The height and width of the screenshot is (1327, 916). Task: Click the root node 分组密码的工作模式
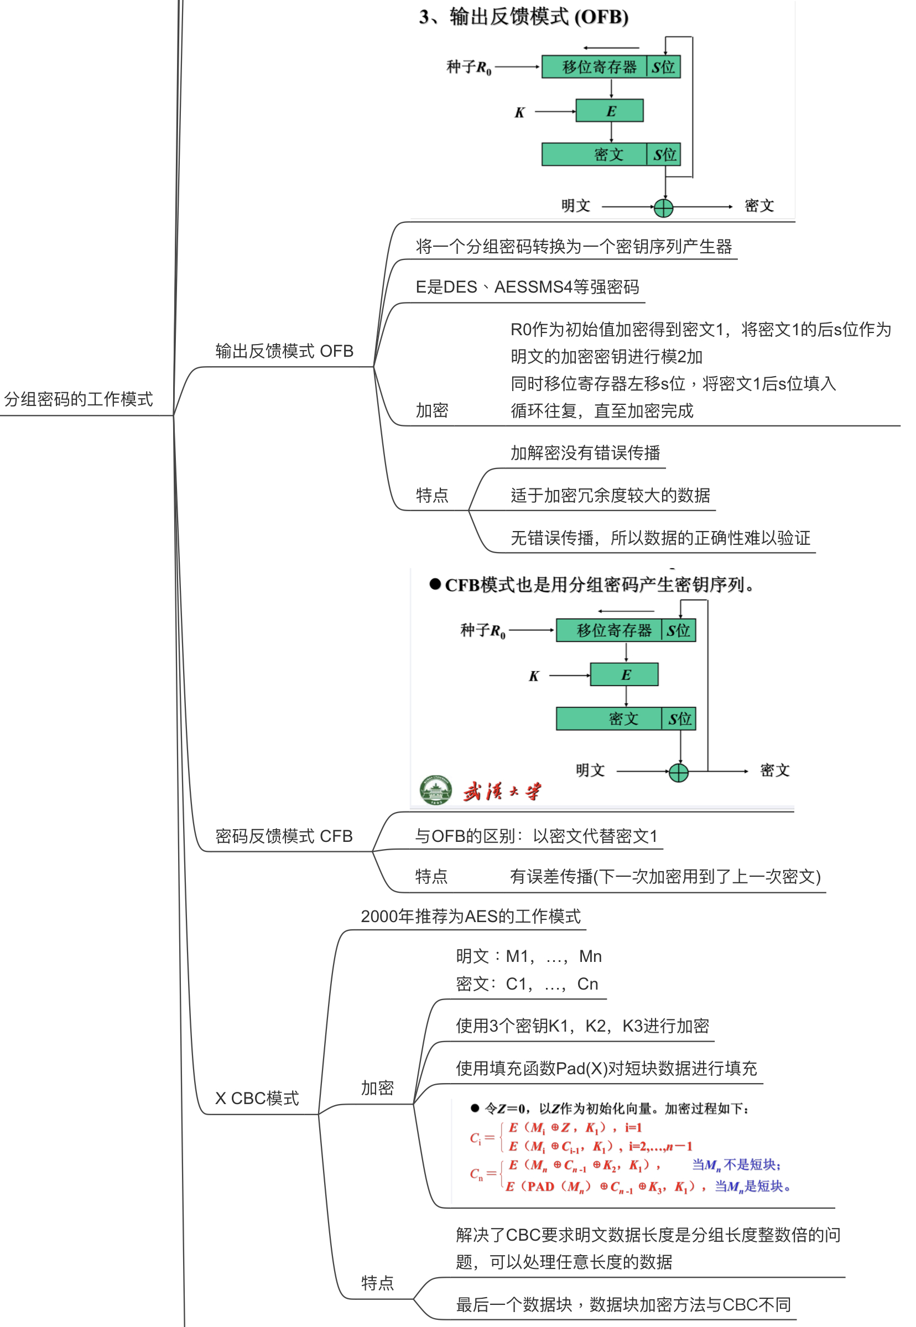coord(79,399)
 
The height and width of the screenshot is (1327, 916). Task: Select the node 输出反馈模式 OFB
coord(284,351)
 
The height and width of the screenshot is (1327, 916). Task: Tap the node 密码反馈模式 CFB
coord(284,836)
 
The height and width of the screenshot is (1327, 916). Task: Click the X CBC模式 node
coord(257,1098)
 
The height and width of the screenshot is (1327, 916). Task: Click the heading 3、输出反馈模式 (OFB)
coord(523,17)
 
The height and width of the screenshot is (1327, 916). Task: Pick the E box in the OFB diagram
coord(610,111)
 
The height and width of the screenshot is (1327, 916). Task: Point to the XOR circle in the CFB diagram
coord(678,773)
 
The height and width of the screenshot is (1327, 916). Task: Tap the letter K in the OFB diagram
coord(519,112)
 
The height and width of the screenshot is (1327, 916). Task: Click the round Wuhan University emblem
coord(436,790)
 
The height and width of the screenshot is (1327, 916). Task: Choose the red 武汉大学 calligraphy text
coord(502,792)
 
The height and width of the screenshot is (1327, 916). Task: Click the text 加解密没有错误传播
coord(585,453)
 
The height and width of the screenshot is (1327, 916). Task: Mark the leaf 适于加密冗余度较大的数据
coord(610,495)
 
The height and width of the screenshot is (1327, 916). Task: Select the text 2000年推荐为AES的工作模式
coord(471,916)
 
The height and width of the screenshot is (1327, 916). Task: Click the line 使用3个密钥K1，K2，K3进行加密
coord(582,1026)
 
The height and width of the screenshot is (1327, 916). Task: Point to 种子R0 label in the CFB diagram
coord(483,631)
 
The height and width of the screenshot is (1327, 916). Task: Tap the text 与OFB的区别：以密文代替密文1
coord(536,836)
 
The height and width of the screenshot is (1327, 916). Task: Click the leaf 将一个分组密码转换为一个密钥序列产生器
coord(574,246)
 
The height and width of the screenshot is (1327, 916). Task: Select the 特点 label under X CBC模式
coord(377,1283)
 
